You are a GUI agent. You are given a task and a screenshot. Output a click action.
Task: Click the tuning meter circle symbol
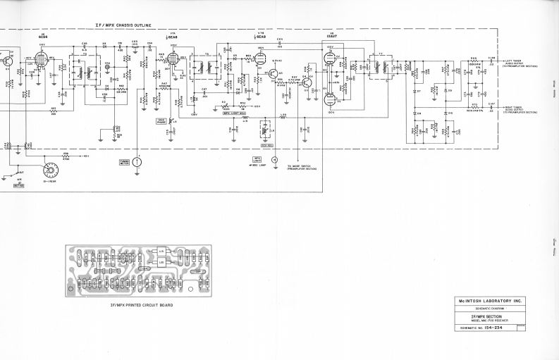coord(138,162)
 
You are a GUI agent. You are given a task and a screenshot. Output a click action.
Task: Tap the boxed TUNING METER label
coord(125,162)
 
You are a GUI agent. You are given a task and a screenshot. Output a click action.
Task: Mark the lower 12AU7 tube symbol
coord(330,99)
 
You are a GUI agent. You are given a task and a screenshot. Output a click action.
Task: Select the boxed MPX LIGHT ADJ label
coord(234,112)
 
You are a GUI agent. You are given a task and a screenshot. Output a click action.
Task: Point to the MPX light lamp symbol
coord(275,161)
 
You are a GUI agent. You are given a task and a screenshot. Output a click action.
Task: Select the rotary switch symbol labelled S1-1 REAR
coord(51,169)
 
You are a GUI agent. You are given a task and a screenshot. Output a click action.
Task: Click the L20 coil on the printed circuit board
coord(162,263)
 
